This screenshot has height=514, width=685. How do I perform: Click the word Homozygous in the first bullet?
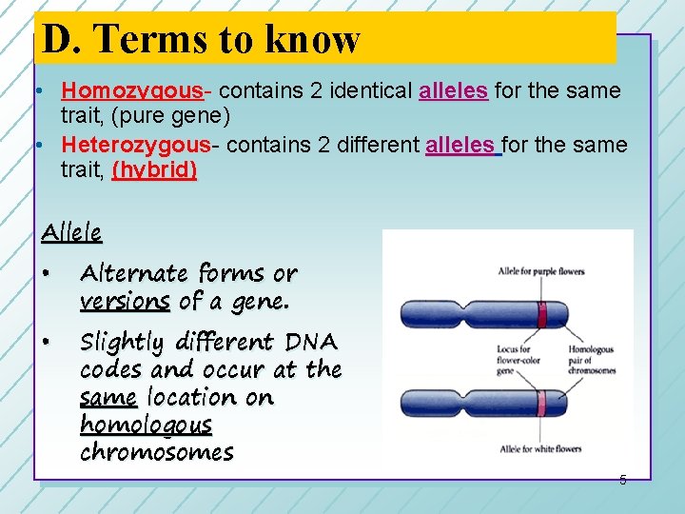pos(132,91)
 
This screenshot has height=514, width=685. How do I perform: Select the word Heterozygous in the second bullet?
pos(135,145)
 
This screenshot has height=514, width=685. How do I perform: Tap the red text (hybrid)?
pos(154,170)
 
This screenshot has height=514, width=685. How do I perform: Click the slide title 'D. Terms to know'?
pos(202,39)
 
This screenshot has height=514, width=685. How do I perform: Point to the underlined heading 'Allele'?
pos(71,231)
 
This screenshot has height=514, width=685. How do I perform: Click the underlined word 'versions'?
pos(125,301)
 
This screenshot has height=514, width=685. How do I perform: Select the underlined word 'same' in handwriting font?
pos(108,397)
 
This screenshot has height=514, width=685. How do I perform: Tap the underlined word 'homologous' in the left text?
pos(146,425)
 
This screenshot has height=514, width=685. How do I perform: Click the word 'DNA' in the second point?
pos(311,342)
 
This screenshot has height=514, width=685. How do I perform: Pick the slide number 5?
pos(623,480)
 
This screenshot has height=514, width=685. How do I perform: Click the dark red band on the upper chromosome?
pos(542,314)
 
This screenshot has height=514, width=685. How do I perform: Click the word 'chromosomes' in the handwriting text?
pos(156,452)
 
